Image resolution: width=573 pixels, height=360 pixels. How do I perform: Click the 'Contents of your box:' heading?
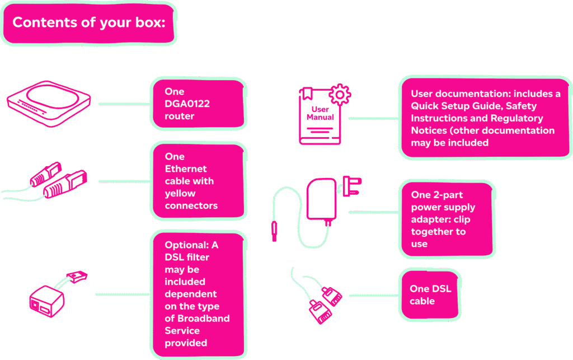[88, 23]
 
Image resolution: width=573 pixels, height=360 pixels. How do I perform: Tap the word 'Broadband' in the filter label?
[197, 319]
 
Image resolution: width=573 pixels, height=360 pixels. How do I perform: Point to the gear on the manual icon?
[339, 92]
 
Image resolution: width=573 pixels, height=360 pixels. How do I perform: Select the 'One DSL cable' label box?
[429, 295]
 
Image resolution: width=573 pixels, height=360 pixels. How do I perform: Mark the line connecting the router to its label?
[124, 104]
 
